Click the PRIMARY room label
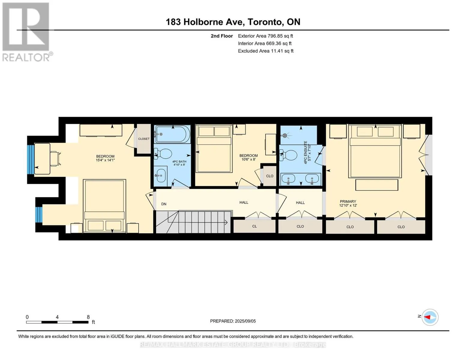(348, 201)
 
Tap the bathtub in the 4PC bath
(173, 134)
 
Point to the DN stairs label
(164, 204)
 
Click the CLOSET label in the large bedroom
(144, 139)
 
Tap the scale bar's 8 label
(88, 317)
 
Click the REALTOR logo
(27, 32)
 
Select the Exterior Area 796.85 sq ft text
(265, 36)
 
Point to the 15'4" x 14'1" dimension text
(105, 160)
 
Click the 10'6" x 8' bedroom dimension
(248, 159)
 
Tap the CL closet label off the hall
(254, 226)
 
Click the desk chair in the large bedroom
(55, 158)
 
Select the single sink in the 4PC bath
(161, 175)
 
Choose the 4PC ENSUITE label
(305, 152)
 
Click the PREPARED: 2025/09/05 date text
(233, 321)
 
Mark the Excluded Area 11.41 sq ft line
(266, 51)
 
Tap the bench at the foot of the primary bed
(377, 185)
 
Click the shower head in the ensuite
(285, 136)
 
